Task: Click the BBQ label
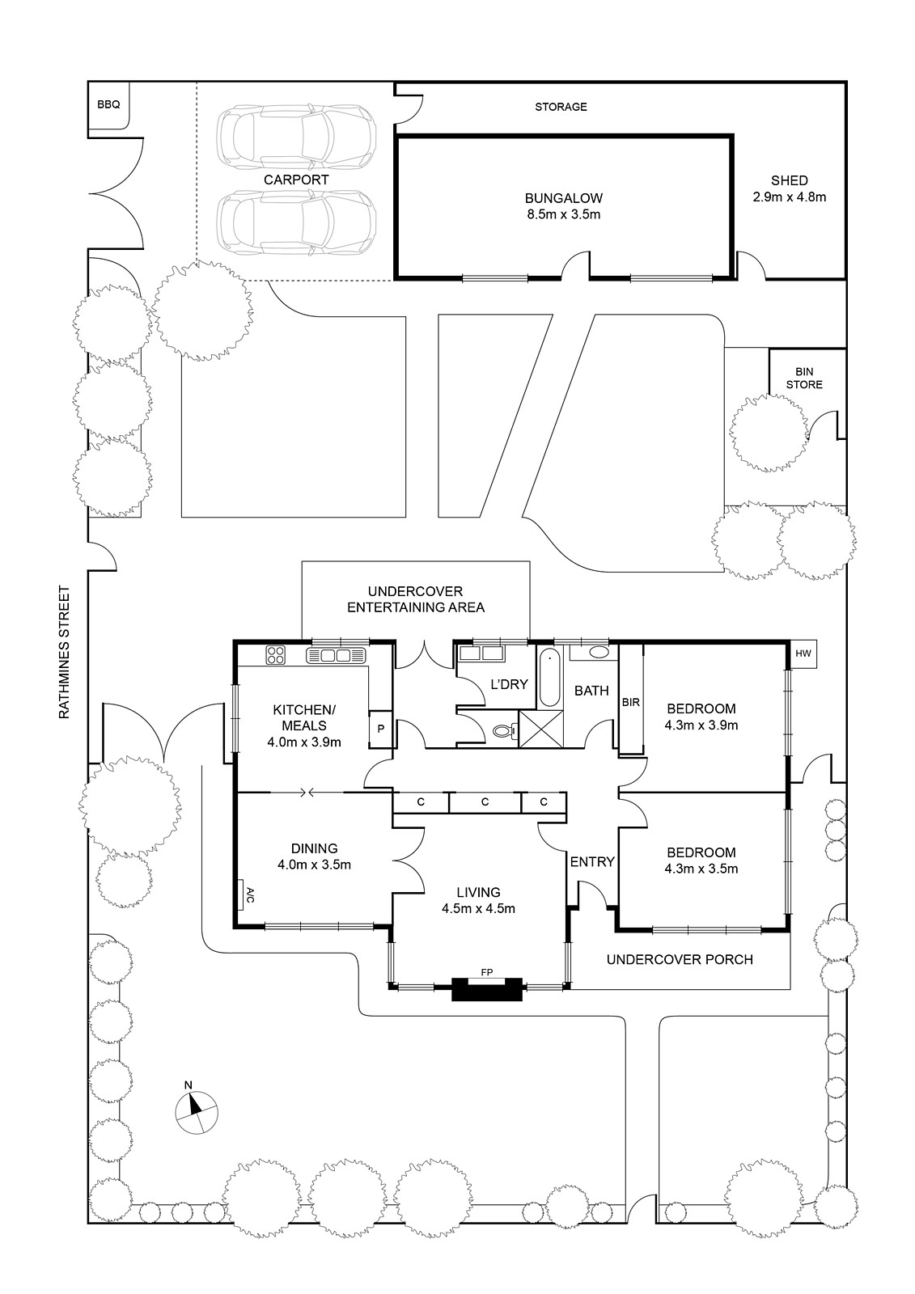(108, 104)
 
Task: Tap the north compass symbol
(196, 1110)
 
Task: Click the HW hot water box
(803, 653)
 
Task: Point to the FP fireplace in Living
(487, 987)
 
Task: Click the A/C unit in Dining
(249, 894)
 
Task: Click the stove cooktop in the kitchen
(276, 653)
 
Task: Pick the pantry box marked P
(379, 728)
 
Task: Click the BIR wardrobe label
(631, 702)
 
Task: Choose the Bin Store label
(805, 378)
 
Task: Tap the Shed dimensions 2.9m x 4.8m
(789, 197)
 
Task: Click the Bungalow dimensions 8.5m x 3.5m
(563, 214)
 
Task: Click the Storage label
(561, 107)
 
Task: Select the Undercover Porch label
(680, 959)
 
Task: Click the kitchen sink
(336, 654)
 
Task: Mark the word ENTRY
(592, 862)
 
